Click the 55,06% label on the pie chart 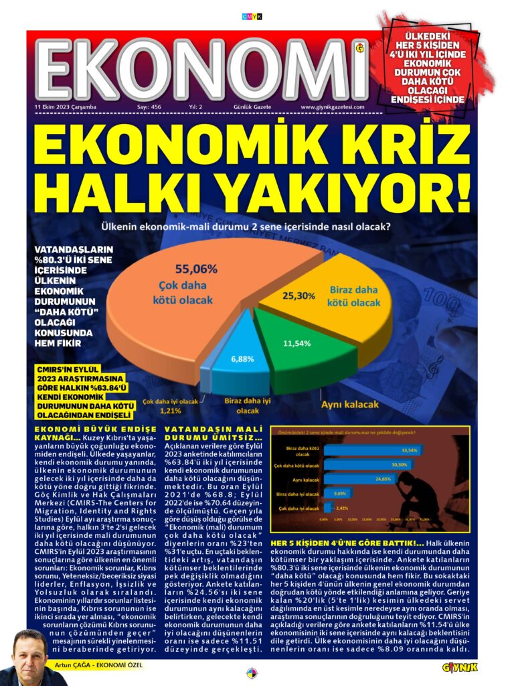(196, 269)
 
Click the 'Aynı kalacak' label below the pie (351, 405)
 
